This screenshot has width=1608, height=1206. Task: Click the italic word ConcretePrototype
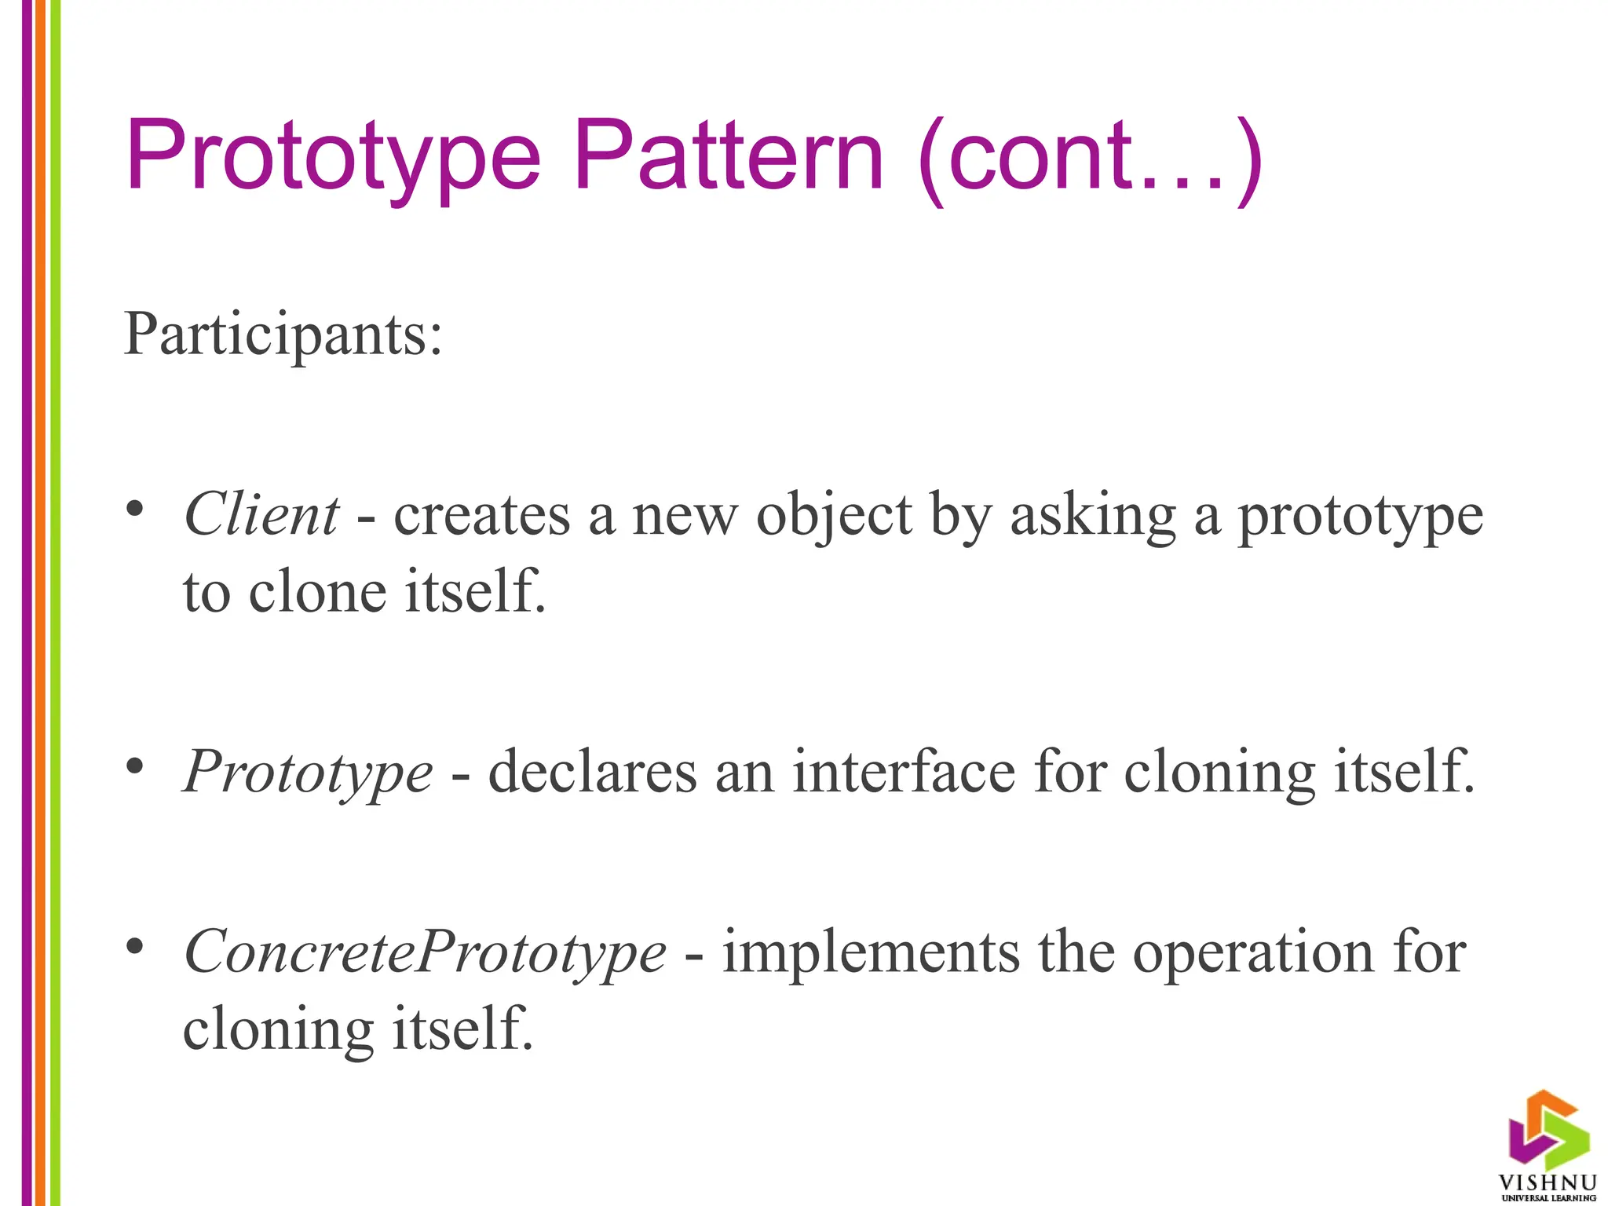(x=424, y=952)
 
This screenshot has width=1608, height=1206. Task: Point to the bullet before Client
(x=135, y=509)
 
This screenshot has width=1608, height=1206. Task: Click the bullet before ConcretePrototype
(x=135, y=946)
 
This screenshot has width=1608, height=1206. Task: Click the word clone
(x=317, y=592)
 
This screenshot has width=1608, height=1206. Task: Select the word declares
(x=592, y=773)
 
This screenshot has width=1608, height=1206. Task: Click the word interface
(x=904, y=773)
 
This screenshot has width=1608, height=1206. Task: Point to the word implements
(x=871, y=952)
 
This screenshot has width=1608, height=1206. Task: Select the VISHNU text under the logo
(x=1548, y=1182)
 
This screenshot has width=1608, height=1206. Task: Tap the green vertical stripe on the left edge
(x=56, y=603)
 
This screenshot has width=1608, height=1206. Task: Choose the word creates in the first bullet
(x=481, y=517)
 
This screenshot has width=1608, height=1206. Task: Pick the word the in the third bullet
(x=1076, y=952)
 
